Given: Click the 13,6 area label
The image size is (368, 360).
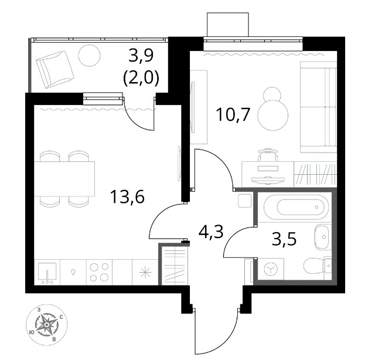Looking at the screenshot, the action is coord(127,196).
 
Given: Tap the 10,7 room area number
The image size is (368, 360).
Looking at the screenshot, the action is coord(233,114).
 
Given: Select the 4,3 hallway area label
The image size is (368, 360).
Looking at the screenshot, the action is coord(211,232).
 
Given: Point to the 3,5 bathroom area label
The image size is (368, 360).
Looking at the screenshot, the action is coord(284,239).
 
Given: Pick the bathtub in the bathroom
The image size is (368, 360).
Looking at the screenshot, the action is coord(297,208).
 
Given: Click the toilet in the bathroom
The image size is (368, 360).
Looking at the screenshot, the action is coord(318,266).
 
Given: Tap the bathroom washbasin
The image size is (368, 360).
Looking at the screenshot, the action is coord(322,237).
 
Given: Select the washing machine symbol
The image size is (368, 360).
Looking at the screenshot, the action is coord(271,269).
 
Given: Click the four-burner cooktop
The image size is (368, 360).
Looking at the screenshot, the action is coord(99,272).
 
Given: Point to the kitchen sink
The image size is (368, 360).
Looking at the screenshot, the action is coord(47,273).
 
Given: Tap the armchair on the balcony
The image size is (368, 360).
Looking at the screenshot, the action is coord(55,70).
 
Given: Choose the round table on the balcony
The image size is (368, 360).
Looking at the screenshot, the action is coord(90,56).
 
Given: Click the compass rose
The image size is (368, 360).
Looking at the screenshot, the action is coord(47,325).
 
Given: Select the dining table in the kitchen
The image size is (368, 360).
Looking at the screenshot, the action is coord(64,179).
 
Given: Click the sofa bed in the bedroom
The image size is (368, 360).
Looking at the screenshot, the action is coord(318,107).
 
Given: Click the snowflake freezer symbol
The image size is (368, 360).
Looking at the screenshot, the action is coord(145,273).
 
